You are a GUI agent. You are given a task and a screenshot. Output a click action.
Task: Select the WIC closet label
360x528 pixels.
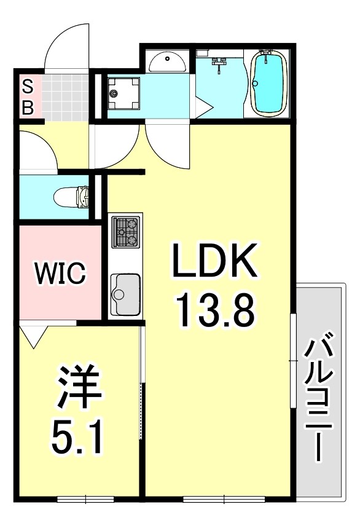coord(60,274)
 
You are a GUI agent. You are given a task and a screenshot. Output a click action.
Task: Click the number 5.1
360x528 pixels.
coord(76,436)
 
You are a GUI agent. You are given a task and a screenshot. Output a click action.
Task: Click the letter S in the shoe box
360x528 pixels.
coord(28,85)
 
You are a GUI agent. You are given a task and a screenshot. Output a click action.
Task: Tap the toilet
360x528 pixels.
coord(72,197)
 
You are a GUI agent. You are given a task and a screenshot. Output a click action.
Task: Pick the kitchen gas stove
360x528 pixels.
coord(125,232)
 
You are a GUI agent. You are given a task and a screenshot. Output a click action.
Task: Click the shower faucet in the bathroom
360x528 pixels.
coord(220,63)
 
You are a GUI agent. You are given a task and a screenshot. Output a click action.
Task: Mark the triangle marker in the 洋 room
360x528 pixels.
coord(32,334)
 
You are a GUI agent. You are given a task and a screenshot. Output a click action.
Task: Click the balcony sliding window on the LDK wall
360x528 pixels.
coord(292,360)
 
